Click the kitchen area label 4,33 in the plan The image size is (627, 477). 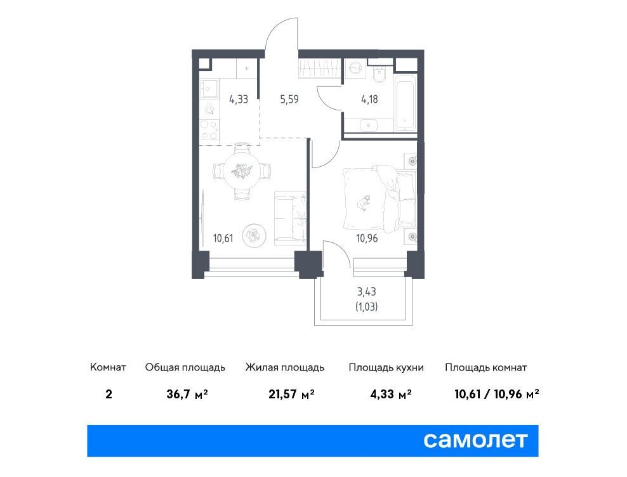pyautogui.click(x=239, y=99)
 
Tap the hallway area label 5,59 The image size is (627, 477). pyautogui.click(x=289, y=99)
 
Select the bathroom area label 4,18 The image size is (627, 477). pyautogui.click(x=369, y=99)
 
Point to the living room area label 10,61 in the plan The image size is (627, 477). pyautogui.click(x=223, y=238)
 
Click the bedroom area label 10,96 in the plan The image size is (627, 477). pyautogui.click(x=367, y=238)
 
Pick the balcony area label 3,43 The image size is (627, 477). pyautogui.click(x=367, y=292)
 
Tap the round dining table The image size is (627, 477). pyautogui.click(x=242, y=171)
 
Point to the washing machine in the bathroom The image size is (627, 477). pyautogui.click(x=355, y=70)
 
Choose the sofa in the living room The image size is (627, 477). pyautogui.click(x=290, y=218)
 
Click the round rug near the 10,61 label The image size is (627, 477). pyautogui.click(x=254, y=235)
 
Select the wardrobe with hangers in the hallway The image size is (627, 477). pyautogui.click(x=319, y=68)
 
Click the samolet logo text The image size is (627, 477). pyautogui.click(x=475, y=441)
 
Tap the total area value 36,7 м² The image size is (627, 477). pyautogui.click(x=187, y=395)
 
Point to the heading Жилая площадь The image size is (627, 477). pyautogui.click(x=285, y=367)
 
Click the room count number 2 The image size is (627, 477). pyautogui.click(x=109, y=395)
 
